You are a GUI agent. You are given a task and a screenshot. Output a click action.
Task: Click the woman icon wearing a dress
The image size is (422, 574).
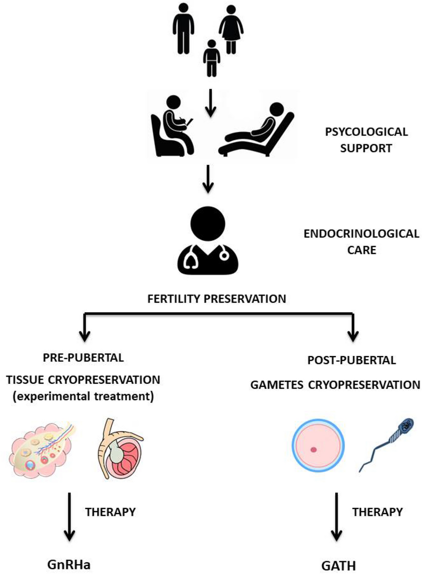click(x=230, y=30)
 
